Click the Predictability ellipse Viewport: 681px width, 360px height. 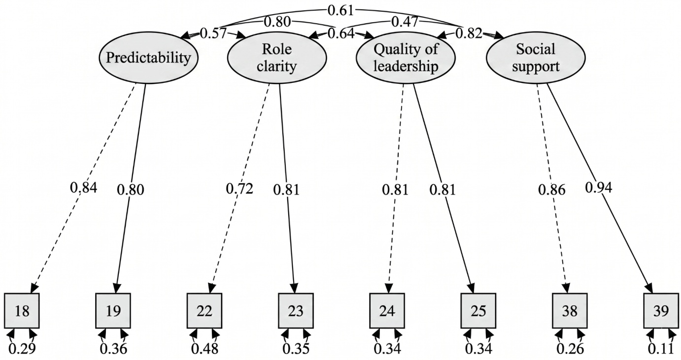(x=149, y=58)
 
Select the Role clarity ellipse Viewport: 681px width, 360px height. (x=277, y=58)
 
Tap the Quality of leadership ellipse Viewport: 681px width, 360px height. (x=406, y=58)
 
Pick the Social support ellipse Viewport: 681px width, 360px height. (x=536, y=58)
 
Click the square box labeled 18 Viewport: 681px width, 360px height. (x=22, y=310)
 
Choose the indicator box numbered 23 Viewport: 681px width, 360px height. (x=296, y=310)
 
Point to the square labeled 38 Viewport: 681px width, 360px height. (x=570, y=310)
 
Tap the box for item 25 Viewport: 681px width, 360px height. (x=478, y=310)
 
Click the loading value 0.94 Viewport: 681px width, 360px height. (x=598, y=188)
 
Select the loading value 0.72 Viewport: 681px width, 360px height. (x=239, y=189)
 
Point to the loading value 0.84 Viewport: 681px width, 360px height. (x=83, y=188)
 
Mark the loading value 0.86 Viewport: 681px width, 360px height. (x=552, y=190)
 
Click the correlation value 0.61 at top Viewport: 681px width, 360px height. (x=341, y=11)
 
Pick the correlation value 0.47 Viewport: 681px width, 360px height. (x=405, y=22)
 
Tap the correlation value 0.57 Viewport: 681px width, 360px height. (x=213, y=33)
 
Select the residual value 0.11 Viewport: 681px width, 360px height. (x=661, y=349)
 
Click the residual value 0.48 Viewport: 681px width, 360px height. (x=204, y=349)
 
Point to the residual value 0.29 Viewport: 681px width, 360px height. (x=22, y=349)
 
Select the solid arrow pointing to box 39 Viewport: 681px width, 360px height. (x=600, y=188)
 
